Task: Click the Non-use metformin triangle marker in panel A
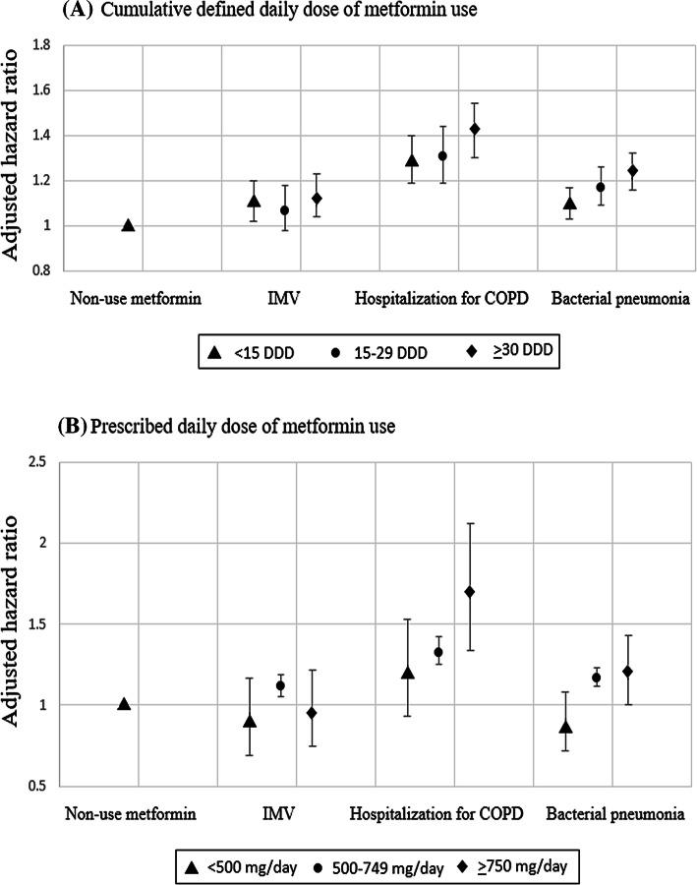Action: (128, 225)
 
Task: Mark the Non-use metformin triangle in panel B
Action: (124, 704)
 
